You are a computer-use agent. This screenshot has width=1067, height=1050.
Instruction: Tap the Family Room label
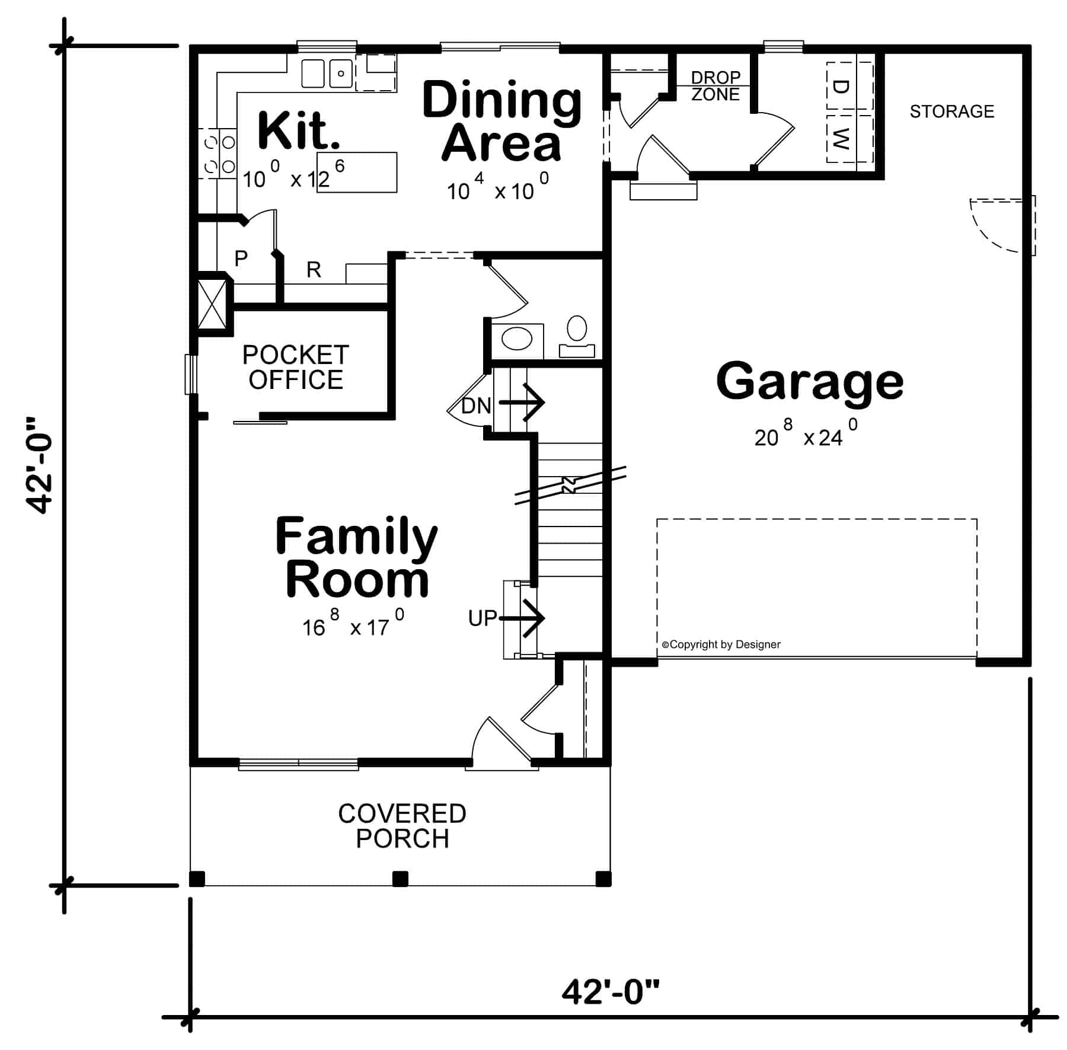[356, 557]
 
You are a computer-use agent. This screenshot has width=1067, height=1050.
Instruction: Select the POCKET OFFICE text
[295, 368]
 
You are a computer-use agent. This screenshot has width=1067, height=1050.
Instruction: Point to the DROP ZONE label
[715, 86]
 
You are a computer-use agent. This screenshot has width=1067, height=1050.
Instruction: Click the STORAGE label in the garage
[951, 111]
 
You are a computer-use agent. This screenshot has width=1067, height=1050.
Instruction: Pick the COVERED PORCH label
[402, 826]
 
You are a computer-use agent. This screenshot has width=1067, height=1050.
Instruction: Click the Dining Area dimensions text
[498, 190]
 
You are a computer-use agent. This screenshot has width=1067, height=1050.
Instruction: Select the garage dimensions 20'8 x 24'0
[805, 436]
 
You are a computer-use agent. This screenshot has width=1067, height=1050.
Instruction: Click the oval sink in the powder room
[517, 340]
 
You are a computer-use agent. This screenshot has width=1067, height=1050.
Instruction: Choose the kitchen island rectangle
[357, 172]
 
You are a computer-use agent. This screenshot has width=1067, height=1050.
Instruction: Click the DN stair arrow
[522, 403]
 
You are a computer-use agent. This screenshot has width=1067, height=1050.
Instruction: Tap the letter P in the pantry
[241, 258]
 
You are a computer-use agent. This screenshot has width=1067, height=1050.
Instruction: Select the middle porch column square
[400, 879]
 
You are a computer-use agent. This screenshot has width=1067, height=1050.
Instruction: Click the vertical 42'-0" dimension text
[40, 464]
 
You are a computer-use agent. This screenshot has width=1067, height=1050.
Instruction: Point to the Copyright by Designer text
[721, 644]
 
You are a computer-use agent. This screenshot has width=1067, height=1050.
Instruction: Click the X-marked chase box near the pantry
[212, 304]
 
